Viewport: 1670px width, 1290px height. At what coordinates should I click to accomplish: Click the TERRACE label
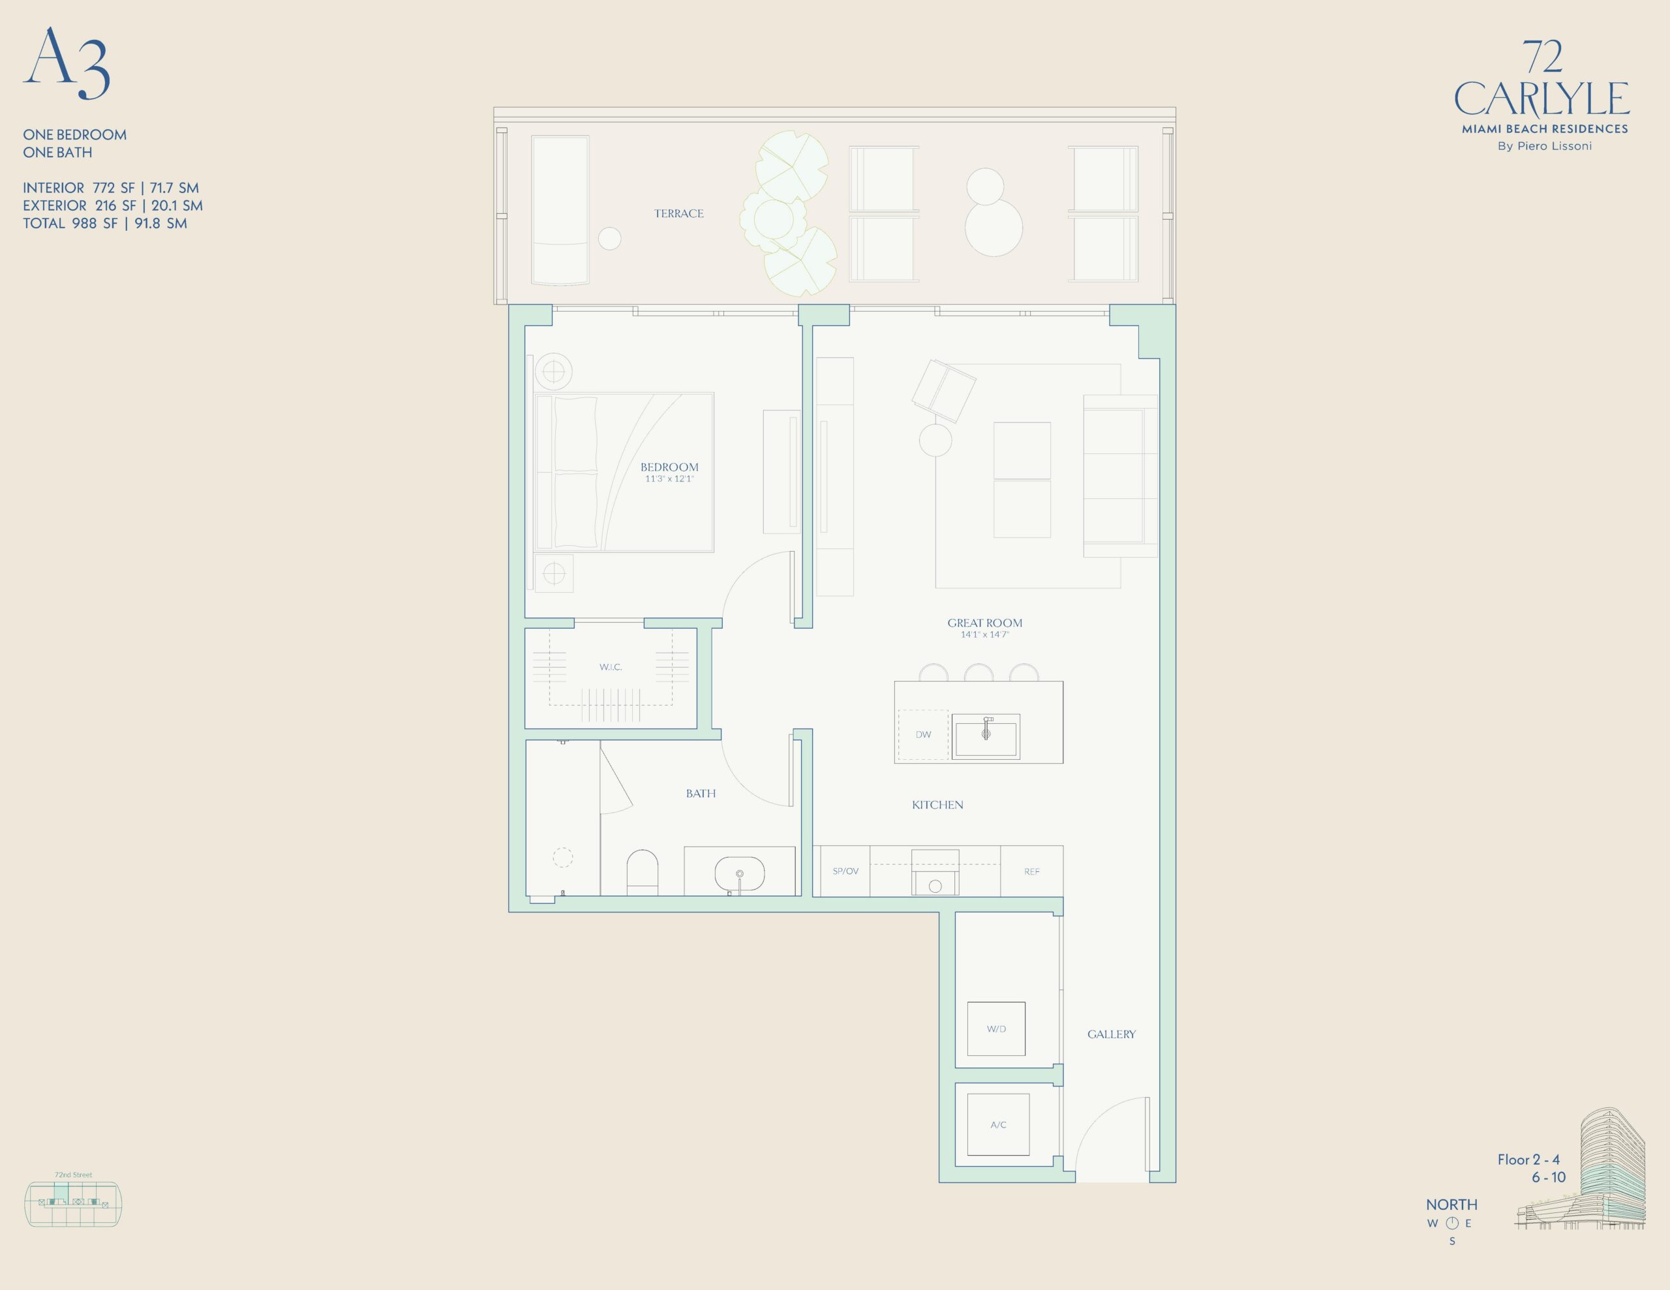[678, 213]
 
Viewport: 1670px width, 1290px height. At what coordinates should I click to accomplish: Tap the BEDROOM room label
[669, 466]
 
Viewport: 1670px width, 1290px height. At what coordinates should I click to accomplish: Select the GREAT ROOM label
[985, 622]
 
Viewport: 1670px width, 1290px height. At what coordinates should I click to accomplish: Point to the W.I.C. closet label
[610, 667]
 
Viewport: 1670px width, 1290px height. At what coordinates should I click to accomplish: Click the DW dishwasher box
[924, 735]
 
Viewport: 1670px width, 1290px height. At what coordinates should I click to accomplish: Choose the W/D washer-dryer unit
[996, 1028]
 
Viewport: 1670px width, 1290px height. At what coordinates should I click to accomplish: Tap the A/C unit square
[998, 1124]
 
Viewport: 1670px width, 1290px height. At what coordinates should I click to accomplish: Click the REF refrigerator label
[1031, 871]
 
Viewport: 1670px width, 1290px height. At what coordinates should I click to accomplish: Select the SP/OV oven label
[845, 871]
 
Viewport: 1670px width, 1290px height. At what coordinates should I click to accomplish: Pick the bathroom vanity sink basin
[739, 873]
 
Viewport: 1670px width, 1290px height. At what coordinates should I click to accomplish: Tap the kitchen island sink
[986, 736]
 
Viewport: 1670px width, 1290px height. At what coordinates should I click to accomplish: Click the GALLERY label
[1111, 1034]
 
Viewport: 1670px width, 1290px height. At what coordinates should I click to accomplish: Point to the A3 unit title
[67, 63]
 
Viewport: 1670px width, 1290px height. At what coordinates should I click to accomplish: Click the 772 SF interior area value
[113, 187]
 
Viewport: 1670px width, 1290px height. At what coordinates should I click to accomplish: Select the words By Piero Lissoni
[1545, 146]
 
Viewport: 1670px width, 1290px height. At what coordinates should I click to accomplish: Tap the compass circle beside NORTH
[1452, 1223]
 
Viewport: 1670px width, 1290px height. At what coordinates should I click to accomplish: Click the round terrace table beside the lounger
[609, 239]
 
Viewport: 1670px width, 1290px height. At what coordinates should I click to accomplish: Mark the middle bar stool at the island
[979, 672]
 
